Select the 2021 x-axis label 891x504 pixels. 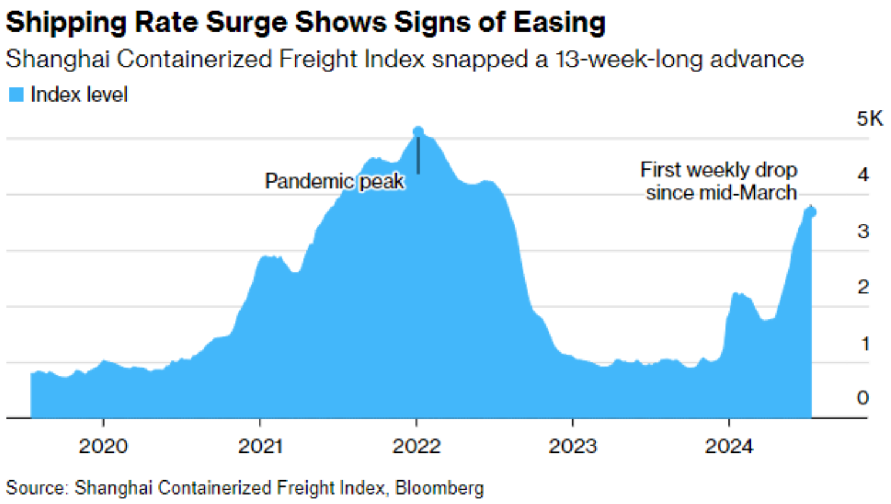(x=260, y=446)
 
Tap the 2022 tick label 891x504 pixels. (x=416, y=446)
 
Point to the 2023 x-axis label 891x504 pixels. (x=573, y=446)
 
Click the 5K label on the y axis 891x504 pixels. (x=870, y=119)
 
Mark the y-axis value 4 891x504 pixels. (x=863, y=175)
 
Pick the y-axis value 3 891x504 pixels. (x=863, y=231)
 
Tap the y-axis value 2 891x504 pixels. (x=863, y=287)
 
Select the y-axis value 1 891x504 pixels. (x=863, y=342)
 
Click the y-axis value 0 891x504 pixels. (x=863, y=398)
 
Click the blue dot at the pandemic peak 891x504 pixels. (x=418, y=131)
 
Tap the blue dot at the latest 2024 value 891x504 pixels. (x=812, y=212)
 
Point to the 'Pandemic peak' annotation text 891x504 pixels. (x=334, y=181)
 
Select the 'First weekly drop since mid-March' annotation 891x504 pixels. (x=720, y=181)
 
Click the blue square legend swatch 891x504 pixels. (x=16, y=95)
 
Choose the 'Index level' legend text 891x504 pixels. (x=79, y=95)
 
